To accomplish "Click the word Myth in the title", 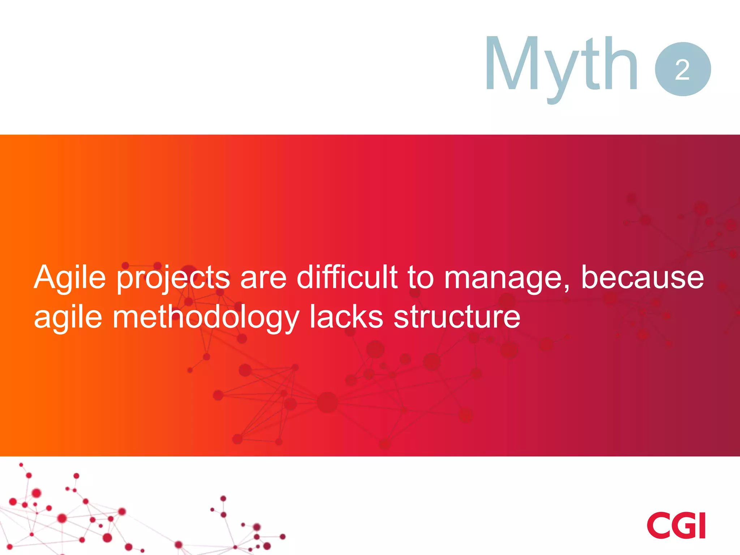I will (562, 65).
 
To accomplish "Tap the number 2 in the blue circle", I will (683, 69).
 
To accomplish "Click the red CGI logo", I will (676, 525).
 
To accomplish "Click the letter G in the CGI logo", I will (681, 525).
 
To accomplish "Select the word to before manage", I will (420, 277).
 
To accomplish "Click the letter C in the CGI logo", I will (658, 525).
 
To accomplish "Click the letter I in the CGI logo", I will (701, 525).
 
